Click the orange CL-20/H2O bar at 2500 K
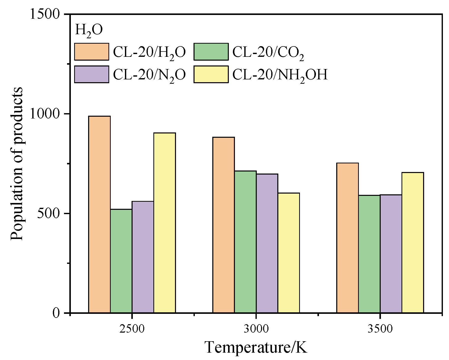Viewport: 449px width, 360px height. pos(99,214)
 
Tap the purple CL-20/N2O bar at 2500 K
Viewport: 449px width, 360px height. pos(143,257)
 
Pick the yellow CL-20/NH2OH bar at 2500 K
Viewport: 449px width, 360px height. pos(165,222)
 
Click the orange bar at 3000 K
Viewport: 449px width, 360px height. pos(223,225)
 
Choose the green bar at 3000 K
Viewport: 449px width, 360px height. pos(245,242)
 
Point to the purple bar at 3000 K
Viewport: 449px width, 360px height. pos(267,243)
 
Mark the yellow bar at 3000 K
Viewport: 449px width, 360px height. pos(289,253)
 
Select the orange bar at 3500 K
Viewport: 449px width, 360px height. pos(347,238)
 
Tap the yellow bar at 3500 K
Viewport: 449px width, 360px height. pos(413,242)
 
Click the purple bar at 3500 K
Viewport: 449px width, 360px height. pos(391,254)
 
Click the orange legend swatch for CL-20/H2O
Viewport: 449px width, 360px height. pos(92,52)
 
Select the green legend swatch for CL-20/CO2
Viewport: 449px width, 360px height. pos(211,52)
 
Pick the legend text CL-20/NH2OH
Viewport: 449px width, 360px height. pos(280,75)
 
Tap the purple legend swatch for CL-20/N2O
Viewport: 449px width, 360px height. pos(92,74)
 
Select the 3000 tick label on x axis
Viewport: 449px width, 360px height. pos(256,329)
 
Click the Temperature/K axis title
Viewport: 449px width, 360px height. pos(256,348)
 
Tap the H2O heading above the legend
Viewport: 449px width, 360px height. pos(89,30)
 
